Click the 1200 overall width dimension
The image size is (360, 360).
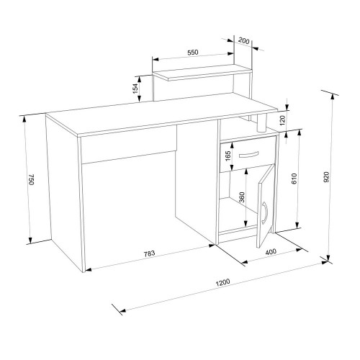tap(222, 282)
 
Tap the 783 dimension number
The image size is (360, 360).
tap(149, 253)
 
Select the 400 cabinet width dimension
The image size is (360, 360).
tap(271, 252)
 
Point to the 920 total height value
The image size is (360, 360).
tap(327, 177)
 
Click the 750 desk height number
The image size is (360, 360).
tap(32, 179)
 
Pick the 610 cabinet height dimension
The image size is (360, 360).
tap(294, 179)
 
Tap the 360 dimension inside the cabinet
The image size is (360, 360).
tap(242, 197)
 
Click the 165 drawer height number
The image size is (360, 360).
tap(228, 156)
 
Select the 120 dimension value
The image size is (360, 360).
tap(282, 120)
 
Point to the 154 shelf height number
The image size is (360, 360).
tap(135, 89)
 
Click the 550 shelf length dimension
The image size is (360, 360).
tap(193, 53)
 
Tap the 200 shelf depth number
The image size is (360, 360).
tap(244, 41)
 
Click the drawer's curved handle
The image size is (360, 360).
tap(248, 155)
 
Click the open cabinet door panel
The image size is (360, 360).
tap(266, 206)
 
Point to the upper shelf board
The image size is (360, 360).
tap(202, 73)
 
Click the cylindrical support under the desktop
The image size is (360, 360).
tap(262, 122)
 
